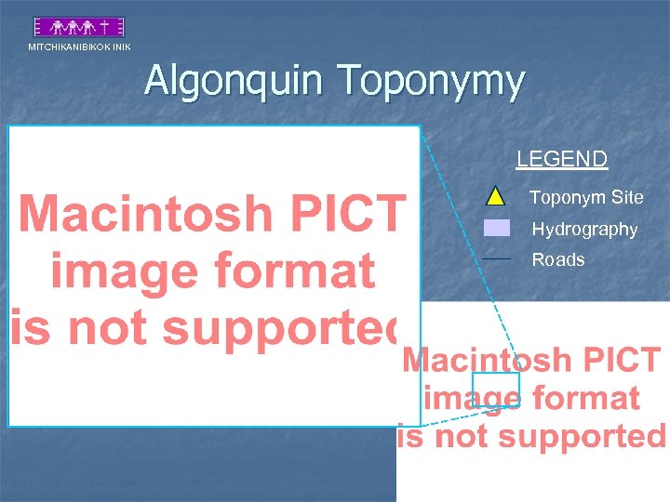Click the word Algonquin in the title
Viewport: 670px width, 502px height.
236,82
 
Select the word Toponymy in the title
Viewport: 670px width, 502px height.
432,82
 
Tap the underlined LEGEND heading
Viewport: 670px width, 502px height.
562,159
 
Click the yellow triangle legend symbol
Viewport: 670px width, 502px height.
496,196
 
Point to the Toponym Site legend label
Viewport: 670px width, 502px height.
586,197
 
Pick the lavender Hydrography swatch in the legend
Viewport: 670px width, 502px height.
497,228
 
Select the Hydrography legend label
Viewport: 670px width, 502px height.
584,229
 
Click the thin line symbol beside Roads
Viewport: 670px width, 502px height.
498,258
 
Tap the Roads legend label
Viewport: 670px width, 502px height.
558,260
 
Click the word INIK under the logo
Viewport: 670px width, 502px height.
122,46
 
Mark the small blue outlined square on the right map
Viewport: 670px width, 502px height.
495,389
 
